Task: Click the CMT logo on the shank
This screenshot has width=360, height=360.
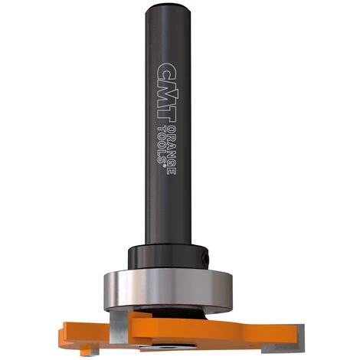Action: [167, 93]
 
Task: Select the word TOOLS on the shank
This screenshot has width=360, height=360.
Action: [162, 144]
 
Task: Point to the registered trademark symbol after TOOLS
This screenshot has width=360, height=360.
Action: [162, 165]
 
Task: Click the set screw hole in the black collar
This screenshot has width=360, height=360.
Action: [205, 258]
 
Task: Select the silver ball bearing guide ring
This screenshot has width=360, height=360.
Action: [168, 290]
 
